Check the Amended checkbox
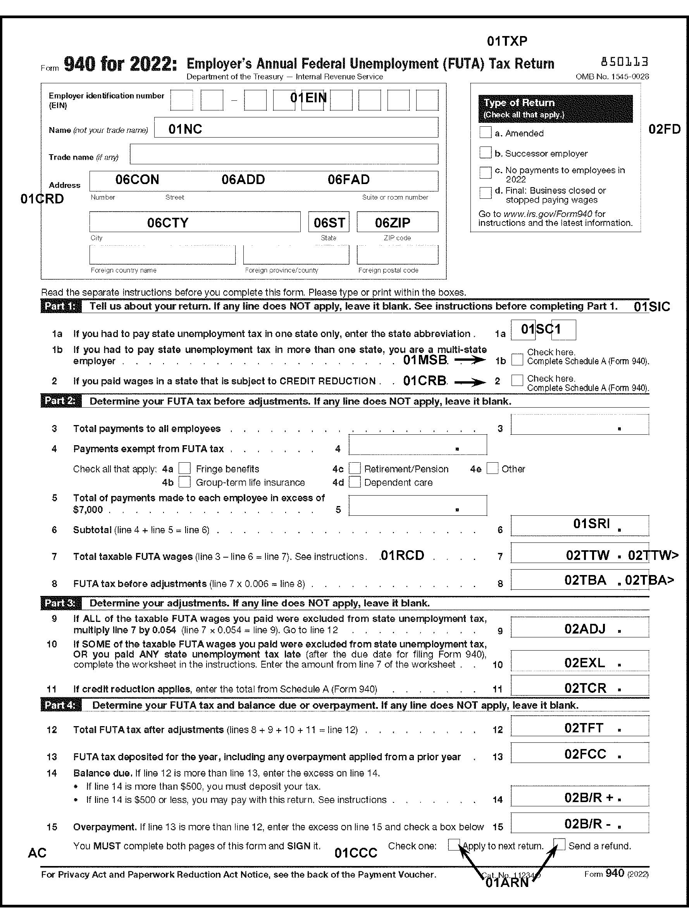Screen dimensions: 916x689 click(x=485, y=133)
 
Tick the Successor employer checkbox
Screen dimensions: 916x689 click(x=485, y=152)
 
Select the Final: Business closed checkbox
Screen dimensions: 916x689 click(x=485, y=193)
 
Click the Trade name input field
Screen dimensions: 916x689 click(x=284, y=155)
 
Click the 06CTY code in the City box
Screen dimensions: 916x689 click(x=168, y=223)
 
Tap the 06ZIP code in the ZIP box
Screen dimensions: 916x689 click(x=393, y=223)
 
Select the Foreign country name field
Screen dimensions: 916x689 click(x=162, y=255)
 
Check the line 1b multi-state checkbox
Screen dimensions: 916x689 click(x=517, y=360)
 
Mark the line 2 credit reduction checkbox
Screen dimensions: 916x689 click(x=517, y=380)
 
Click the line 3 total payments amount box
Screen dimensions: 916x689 click(x=579, y=424)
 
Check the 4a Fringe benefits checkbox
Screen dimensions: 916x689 click(x=185, y=469)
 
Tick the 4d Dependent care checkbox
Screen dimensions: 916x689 click(x=355, y=482)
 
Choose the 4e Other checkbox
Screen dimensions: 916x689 click(x=492, y=468)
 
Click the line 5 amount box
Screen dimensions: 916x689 click(x=417, y=506)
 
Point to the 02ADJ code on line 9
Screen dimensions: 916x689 click(x=585, y=629)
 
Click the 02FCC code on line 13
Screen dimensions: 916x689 click(x=585, y=754)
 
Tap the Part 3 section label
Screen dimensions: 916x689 click(x=60, y=603)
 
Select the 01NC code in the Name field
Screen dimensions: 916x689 click(x=185, y=129)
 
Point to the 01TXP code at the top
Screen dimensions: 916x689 click(x=507, y=41)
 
